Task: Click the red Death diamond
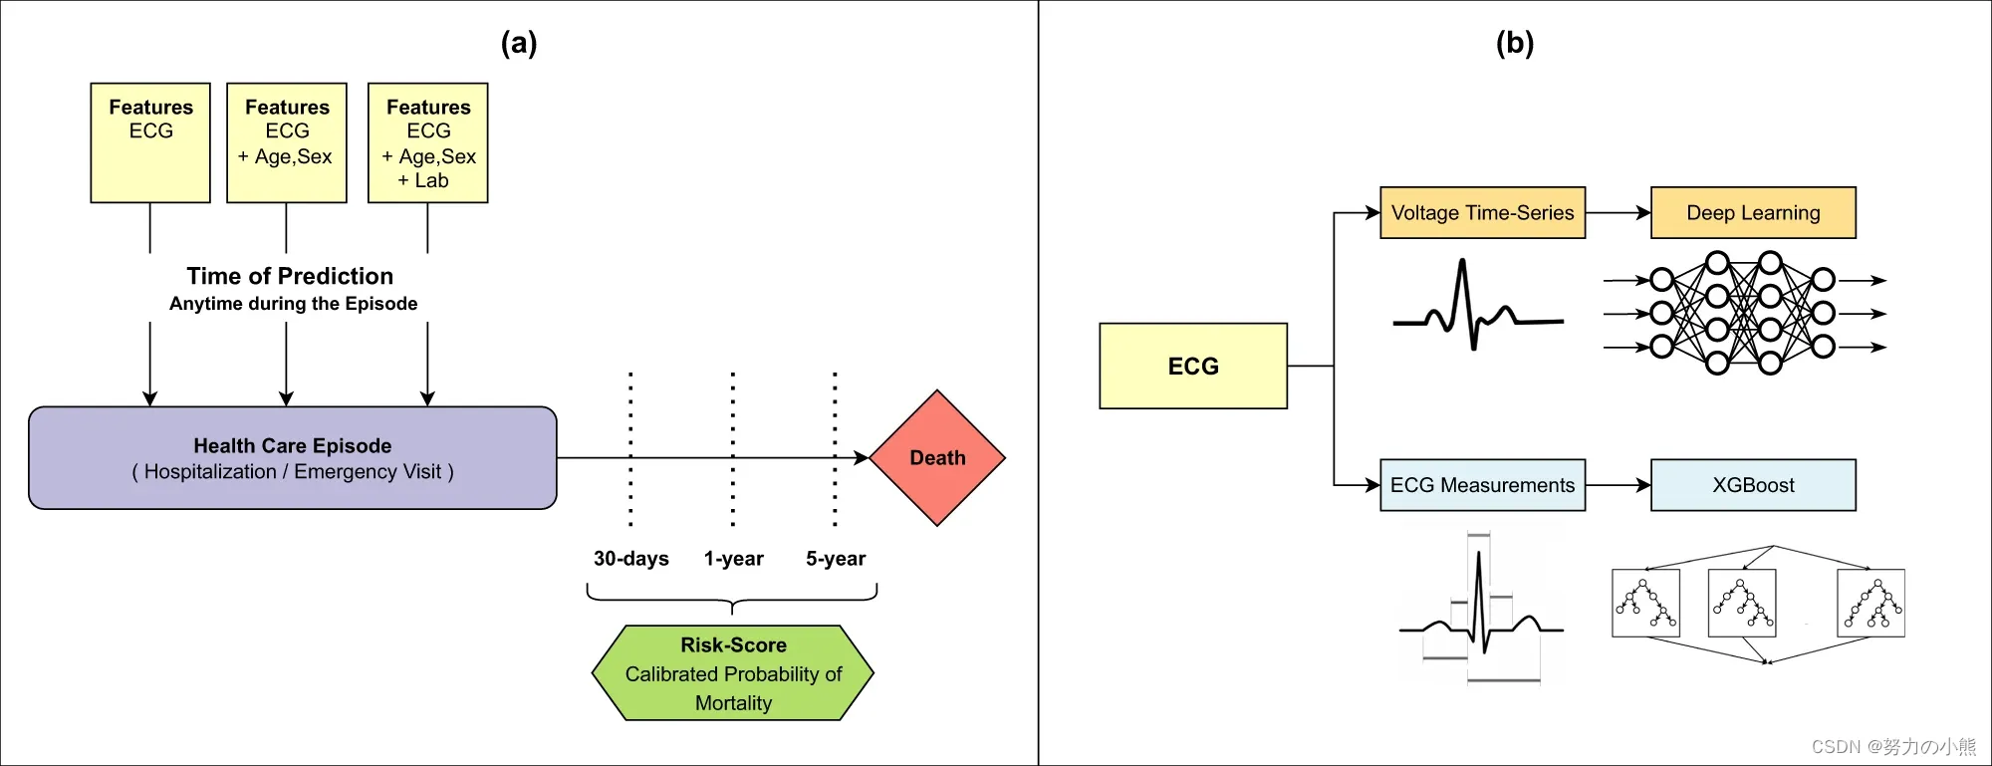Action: pyautogui.click(x=937, y=458)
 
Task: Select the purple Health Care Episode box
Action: pyautogui.click(x=292, y=458)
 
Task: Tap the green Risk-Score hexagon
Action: pyautogui.click(x=733, y=673)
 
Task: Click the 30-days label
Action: pyautogui.click(x=630, y=559)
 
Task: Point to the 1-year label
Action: pyautogui.click(x=733, y=559)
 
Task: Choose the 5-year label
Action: pyautogui.click(x=836, y=559)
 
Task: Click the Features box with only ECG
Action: pyautogui.click(x=150, y=142)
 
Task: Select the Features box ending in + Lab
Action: pyautogui.click(x=428, y=142)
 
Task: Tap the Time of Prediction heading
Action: pyautogui.click(x=290, y=276)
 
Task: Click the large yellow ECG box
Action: pyautogui.click(x=1193, y=366)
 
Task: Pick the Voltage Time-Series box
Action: pyautogui.click(x=1482, y=212)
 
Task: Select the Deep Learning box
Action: pyautogui.click(x=1753, y=212)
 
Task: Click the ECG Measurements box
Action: pyautogui.click(x=1482, y=485)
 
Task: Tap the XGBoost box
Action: pyautogui.click(x=1753, y=485)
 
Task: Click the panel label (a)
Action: pyautogui.click(x=519, y=43)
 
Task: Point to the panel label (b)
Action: pyautogui.click(x=1515, y=43)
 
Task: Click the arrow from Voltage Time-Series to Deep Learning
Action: pyautogui.click(x=1618, y=212)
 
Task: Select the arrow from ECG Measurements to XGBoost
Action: pyautogui.click(x=1618, y=485)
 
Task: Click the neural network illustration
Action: pyautogui.click(x=1743, y=313)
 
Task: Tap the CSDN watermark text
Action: pyautogui.click(x=1893, y=746)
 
